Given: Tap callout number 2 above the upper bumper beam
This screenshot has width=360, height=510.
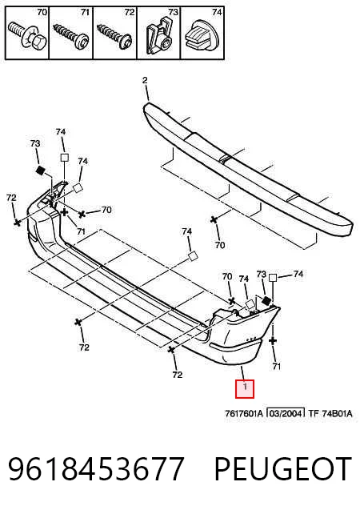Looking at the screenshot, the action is (x=145, y=80).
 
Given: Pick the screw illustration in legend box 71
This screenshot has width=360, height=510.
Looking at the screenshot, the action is (x=71, y=36).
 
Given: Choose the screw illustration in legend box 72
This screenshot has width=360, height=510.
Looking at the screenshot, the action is (x=115, y=36).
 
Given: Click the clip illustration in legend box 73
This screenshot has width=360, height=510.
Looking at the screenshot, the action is (x=159, y=35).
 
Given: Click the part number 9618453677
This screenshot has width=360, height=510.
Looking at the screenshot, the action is (x=97, y=468).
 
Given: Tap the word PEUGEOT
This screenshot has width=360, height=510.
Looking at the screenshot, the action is (x=283, y=468).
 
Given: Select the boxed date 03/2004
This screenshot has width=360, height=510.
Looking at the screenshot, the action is (x=286, y=413).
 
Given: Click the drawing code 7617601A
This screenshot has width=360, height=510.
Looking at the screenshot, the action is (x=244, y=413).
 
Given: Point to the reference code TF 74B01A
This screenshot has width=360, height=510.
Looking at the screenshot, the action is (x=330, y=413).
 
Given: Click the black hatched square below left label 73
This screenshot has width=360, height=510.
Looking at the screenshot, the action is (x=40, y=170).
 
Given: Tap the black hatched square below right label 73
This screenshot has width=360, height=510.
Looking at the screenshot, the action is (x=267, y=300).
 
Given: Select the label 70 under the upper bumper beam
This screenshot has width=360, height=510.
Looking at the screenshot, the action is (x=220, y=245).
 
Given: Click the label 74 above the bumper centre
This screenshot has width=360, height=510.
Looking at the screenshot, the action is (x=187, y=231).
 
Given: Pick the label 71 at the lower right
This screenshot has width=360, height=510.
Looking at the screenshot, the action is (x=276, y=367).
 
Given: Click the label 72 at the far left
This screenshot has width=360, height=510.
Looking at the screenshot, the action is (x=11, y=198).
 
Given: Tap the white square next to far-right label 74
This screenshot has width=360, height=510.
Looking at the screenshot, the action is (x=273, y=278).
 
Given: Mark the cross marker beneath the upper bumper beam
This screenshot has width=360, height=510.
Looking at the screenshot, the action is (x=214, y=220).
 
